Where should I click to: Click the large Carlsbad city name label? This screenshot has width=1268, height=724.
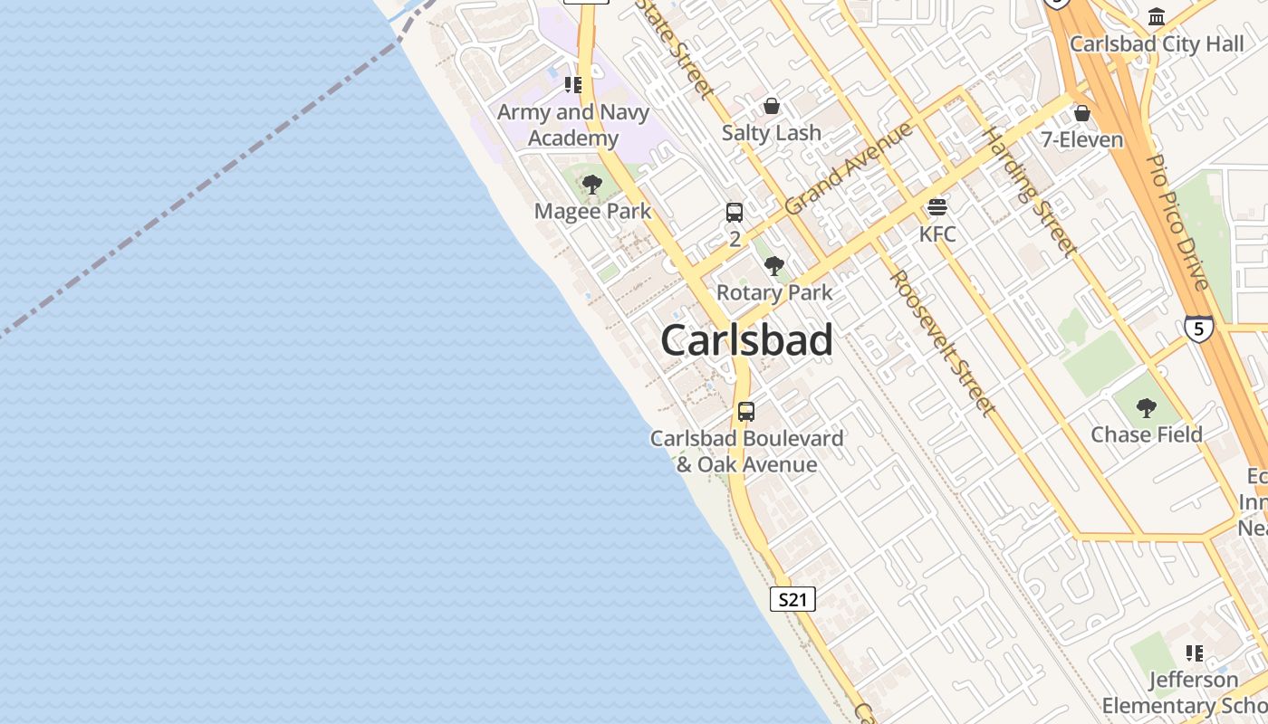tap(746, 340)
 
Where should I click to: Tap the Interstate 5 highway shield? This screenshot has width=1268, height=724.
tap(1198, 328)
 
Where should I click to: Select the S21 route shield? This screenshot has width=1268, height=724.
tap(792, 599)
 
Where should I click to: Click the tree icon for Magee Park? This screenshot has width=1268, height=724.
tap(592, 186)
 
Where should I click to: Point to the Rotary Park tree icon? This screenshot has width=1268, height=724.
tap(774, 266)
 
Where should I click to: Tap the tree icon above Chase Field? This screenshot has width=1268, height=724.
tap(1147, 408)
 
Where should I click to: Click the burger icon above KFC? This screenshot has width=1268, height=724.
tap(937, 207)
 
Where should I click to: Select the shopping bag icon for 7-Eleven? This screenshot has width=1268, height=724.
tap(1081, 113)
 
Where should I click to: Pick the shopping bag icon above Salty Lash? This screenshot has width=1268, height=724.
tap(771, 106)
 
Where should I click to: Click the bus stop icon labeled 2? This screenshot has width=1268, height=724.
tap(735, 213)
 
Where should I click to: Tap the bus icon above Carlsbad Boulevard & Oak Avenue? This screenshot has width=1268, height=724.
tap(746, 412)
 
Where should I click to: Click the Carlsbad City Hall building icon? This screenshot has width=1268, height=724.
tap(1157, 17)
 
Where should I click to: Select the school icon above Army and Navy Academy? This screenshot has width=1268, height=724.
tap(573, 85)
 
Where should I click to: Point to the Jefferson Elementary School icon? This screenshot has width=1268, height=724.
tap(1195, 653)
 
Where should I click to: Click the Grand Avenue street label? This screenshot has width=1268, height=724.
tap(849, 168)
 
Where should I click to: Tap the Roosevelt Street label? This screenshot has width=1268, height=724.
tap(943, 343)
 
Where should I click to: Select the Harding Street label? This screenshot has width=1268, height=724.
tap(1031, 193)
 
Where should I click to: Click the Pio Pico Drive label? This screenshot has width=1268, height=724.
tap(1177, 222)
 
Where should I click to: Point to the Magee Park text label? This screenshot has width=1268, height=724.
tap(592, 212)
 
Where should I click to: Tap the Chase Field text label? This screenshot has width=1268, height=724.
tap(1147, 434)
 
